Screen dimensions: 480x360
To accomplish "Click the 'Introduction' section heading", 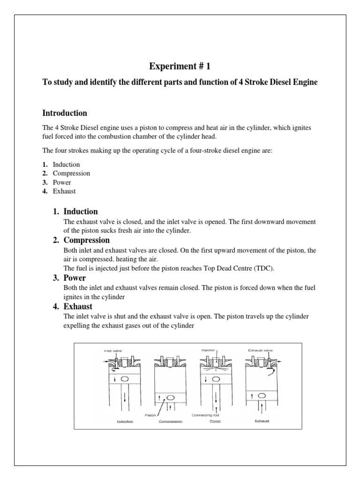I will (65, 113).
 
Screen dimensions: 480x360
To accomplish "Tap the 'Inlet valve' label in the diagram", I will (112, 351).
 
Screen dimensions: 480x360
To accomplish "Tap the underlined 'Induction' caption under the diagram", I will (125, 421).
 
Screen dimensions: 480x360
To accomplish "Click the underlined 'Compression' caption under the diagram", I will (170, 421).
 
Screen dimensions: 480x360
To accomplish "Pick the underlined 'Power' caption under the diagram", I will (215, 421).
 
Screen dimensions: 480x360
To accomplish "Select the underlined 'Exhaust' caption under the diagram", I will (262, 421).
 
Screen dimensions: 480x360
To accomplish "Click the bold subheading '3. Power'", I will (69, 278).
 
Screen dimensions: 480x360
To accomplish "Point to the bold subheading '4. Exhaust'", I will (72, 307).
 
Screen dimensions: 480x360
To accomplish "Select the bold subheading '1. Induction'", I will (75, 211).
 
